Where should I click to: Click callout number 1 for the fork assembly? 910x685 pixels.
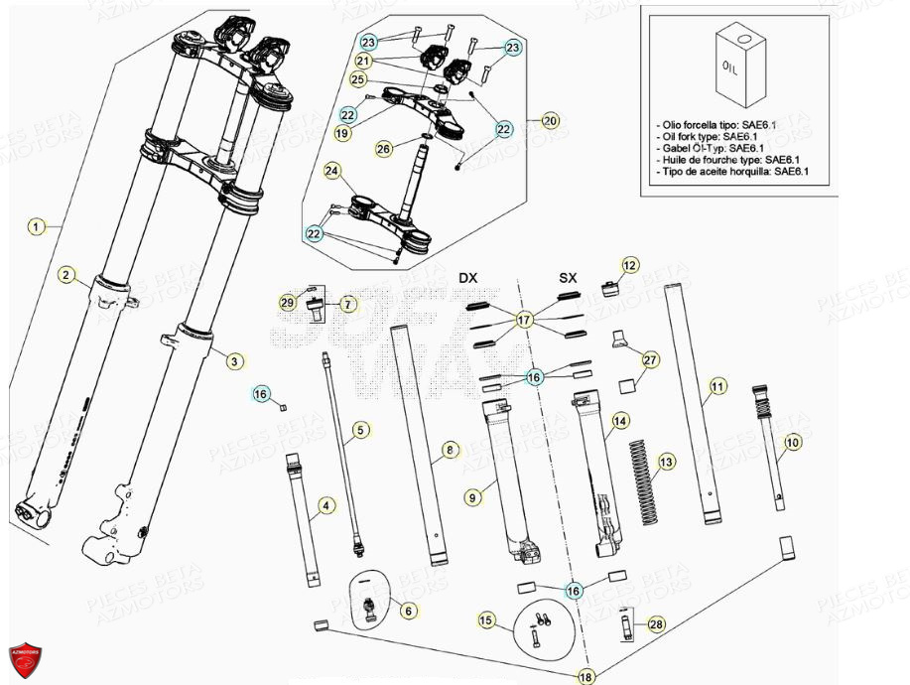tap(36, 227)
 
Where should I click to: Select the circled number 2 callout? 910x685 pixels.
tap(65, 275)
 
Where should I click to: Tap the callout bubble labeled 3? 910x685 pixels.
tap(233, 361)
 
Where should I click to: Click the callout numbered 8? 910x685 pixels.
tap(452, 451)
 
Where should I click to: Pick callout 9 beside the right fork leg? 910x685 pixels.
tap(471, 493)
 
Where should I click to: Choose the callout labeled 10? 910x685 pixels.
tap(791, 441)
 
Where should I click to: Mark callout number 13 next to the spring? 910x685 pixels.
tap(666, 462)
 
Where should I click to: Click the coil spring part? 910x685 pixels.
tap(645, 481)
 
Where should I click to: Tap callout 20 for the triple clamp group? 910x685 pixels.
tap(551, 120)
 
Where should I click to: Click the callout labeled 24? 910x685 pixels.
tap(331, 172)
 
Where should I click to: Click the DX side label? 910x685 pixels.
tap(467, 277)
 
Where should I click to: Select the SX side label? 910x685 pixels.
tap(568, 277)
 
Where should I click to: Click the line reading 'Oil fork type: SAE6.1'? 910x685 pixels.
tap(707, 137)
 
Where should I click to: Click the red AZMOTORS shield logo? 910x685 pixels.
tap(25, 657)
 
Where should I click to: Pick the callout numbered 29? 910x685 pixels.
tap(288, 302)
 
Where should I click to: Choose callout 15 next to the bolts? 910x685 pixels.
tap(486, 620)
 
